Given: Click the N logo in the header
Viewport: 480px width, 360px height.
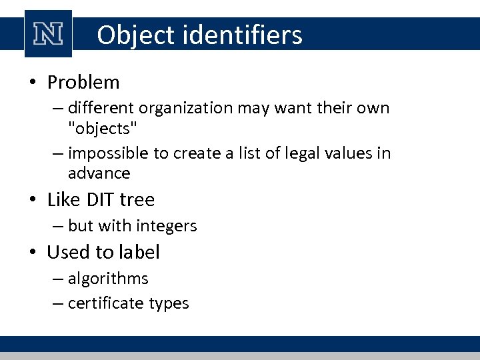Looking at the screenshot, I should pos(48,34).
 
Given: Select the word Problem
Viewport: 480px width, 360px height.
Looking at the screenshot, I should pos(83,83).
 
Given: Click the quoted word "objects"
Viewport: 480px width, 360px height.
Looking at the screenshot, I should pos(100,127).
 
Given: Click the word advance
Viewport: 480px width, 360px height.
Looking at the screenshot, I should pos(99,173).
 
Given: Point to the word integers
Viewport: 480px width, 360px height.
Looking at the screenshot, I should pos(167,226).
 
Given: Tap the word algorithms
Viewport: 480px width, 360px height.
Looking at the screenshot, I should pos(108,278).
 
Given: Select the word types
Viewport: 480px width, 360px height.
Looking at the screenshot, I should pos(169,304).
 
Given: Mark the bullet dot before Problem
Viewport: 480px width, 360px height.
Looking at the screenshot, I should pos(33,83).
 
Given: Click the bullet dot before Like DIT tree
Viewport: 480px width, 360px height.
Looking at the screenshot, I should pos(33,200).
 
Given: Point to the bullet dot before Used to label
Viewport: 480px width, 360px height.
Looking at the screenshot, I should pos(33,253).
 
